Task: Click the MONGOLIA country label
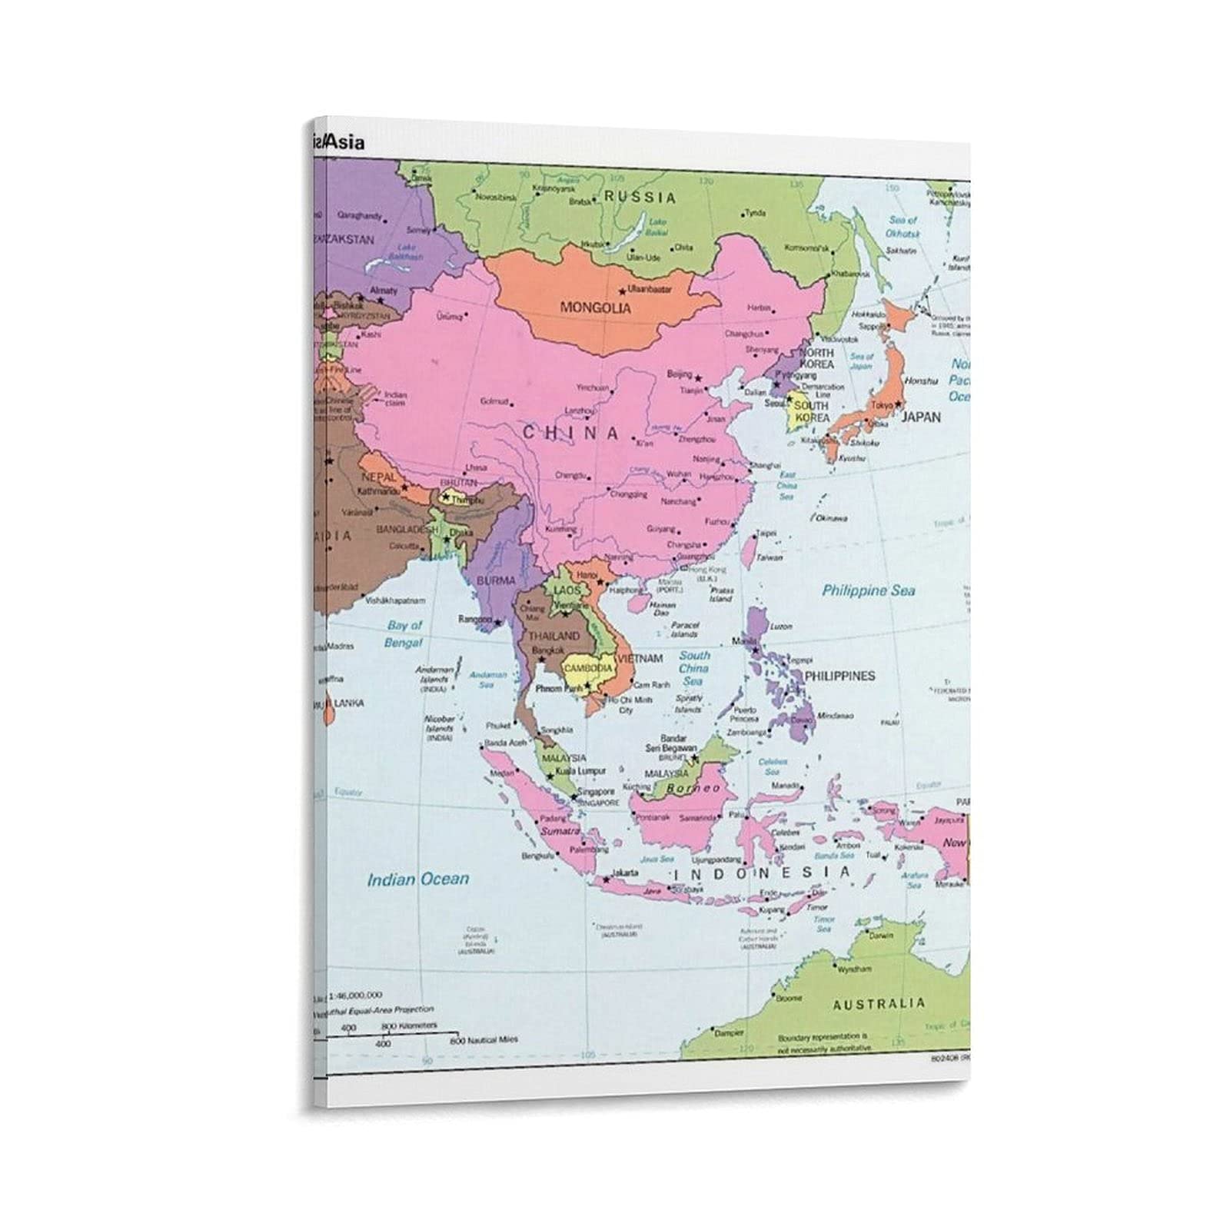595,308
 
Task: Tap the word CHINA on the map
570,433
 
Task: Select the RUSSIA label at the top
640,198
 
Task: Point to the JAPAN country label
920,417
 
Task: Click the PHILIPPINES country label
839,676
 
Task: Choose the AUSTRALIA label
879,1003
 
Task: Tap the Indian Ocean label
417,879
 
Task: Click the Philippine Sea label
869,590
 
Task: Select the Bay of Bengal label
404,634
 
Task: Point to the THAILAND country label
553,637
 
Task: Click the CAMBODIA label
588,669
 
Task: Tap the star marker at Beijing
699,378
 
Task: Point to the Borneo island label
693,789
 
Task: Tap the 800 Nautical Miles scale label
484,1039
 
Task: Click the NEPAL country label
377,477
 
